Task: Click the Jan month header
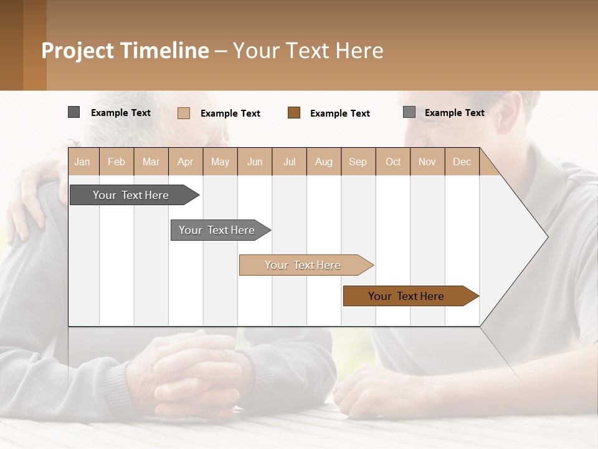coord(82,162)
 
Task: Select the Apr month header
coord(185,162)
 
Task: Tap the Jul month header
coord(289,162)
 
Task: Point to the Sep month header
coord(358,162)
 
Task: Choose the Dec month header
coord(462,162)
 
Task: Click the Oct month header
coord(392,162)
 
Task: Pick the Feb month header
coord(116,162)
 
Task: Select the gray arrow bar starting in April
coord(218,230)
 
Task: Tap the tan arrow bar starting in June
coord(303,265)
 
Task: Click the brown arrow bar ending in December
coord(407,296)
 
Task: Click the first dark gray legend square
coord(74,112)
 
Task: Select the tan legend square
coord(183,113)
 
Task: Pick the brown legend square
coord(294,112)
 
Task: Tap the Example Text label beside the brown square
coord(339,113)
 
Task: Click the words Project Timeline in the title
coord(125,51)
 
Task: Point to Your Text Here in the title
coord(308,51)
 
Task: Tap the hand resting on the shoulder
coord(28,200)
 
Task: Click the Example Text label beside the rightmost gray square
coord(454,112)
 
